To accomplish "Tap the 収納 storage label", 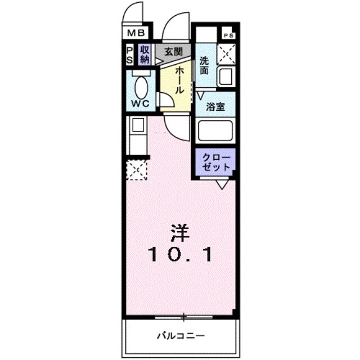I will coord(145,54).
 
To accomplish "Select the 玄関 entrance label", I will coord(173,52).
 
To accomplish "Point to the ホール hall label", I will coord(179,79).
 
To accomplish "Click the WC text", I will coord(139,104).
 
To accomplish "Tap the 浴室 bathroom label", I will coord(215,107).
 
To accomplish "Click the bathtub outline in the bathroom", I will coord(215,130).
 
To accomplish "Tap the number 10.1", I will coord(180,255).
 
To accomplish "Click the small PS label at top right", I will coord(228,35).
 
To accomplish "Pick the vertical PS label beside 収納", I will coord(129,55).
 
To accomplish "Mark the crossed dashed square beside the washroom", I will coord(226,55).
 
